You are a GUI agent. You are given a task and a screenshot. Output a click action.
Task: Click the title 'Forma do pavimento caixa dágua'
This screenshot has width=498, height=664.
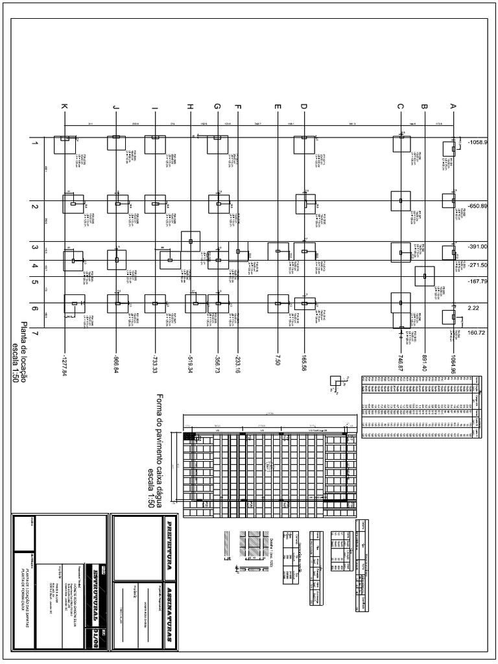point(160,450)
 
